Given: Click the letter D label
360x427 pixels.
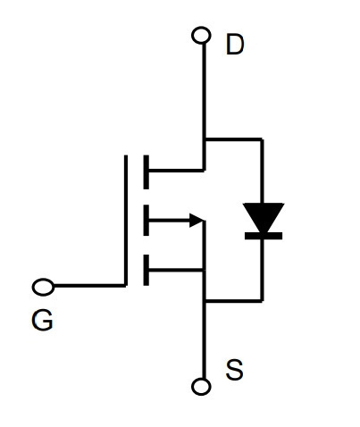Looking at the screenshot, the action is coord(235,44).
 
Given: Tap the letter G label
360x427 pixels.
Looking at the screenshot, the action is coord(42,320).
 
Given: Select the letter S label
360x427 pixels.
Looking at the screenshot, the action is coord(234,370).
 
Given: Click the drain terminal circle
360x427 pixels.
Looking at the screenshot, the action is coord(201,35).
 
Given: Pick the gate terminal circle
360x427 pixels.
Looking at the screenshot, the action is coord(43,287).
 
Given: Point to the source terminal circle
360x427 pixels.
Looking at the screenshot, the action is coord(201,387).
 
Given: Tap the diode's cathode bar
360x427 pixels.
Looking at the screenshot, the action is coord(264,236).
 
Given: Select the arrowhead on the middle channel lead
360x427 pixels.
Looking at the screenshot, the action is coord(197,221).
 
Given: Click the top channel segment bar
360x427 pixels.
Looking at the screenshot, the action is coord(146,172).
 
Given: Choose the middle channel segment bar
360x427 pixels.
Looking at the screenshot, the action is coord(146,221).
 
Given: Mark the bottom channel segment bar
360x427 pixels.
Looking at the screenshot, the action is coord(146,270).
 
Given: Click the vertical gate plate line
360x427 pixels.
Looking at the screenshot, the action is coord(126,221).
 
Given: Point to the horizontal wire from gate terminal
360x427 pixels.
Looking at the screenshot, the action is coord(89,286).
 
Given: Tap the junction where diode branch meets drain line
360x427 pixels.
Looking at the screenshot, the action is coord(205,138).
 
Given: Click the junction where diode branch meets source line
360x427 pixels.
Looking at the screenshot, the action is coord(205,301).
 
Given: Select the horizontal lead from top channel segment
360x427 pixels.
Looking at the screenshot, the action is coord(176,171).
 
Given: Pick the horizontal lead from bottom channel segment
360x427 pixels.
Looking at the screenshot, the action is coord(176,270).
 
